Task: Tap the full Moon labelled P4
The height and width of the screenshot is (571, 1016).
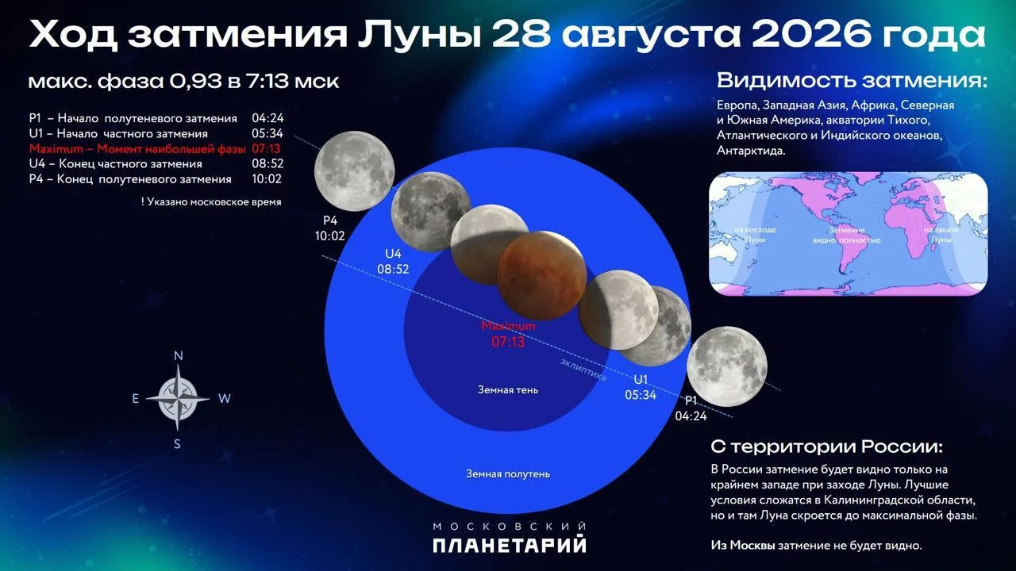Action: [354, 171]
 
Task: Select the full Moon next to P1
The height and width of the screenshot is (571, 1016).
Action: [727, 366]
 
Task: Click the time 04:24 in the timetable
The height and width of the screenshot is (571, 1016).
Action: [267, 118]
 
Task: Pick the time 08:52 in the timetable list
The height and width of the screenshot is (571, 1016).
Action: [267, 163]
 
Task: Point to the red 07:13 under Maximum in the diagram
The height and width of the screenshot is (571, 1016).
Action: [508, 342]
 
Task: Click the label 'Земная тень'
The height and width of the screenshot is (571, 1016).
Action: [508, 389]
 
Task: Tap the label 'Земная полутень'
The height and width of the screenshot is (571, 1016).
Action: [508, 474]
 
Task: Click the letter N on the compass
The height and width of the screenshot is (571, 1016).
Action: [179, 356]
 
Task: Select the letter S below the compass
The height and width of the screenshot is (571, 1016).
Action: [177, 444]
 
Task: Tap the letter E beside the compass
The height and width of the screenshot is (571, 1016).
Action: [135, 399]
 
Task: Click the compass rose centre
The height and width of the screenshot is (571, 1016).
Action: [178, 399]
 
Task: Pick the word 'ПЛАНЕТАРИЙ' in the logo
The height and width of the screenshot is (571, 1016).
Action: [510, 545]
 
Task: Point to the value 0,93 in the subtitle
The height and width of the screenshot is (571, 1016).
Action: [196, 82]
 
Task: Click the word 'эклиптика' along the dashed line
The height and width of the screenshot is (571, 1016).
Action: [583, 370]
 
